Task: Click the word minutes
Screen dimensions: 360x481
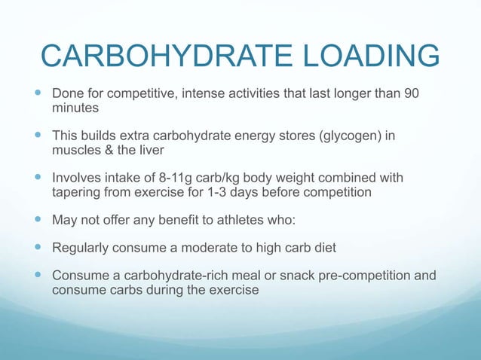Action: pyautogui.click(x=74, y=108)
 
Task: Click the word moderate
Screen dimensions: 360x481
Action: pyautogui.click(x=209, y=247)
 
